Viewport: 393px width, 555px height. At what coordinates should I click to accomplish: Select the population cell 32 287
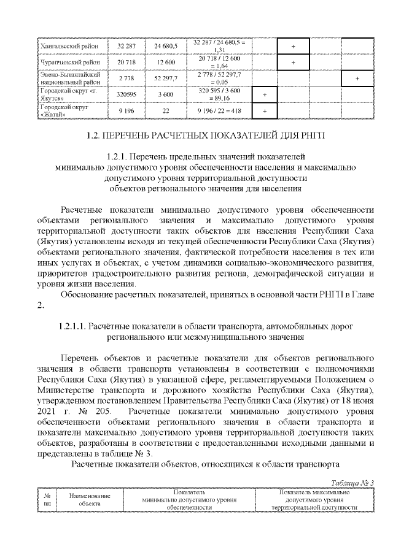click(x=126, y=46)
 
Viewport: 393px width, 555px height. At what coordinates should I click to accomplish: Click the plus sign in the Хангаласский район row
click(x=293, y=46)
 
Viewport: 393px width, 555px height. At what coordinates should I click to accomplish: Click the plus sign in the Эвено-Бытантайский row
click(x=357, y=78)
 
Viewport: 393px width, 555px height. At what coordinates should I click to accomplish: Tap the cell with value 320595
click(x=126, y=94)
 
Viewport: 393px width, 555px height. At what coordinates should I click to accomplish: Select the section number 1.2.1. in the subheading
click(x=120, y=156)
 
